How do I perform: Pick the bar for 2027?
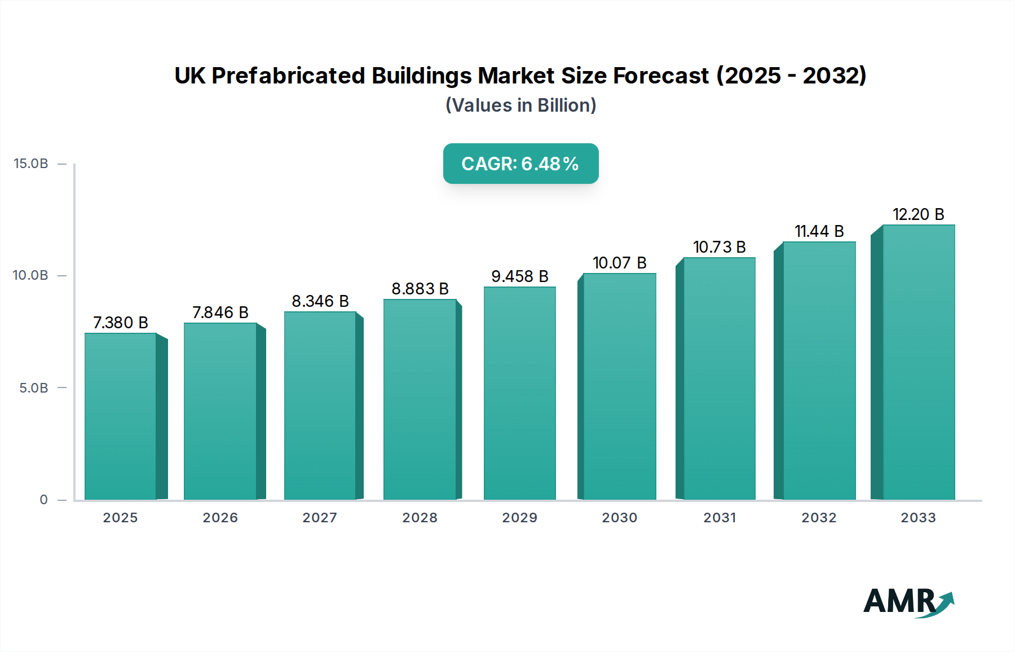click(x=320, y=406)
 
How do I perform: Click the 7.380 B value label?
click(x=120, y=323)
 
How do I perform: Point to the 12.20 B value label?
click(x=918, y=214)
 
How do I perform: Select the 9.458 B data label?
click(x=519, y=276)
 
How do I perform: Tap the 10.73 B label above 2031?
click(x=719, y=247)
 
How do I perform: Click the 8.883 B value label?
click(x=420, y=289)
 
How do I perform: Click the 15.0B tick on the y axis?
click(x=31, y=164)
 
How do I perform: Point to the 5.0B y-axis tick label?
click(x=33, y=388)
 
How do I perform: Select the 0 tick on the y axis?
click(x=43, y=500)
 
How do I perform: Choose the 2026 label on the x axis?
click(x=220, y=518)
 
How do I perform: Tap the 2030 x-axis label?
click(x=619, y=518)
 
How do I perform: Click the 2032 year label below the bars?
click(x=819, y=518)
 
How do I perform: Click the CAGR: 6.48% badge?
click(x=520, y=164)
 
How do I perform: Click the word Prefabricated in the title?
click(x=288, y=76)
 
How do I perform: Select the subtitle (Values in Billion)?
click(x=520, y=105)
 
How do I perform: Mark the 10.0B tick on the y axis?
click(x=30, y=275)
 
